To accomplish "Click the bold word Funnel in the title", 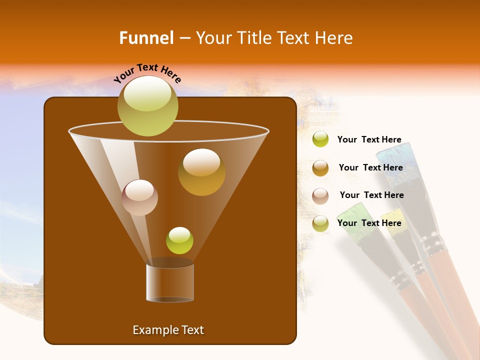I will [146, 38].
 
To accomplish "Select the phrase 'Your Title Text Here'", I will [274, 38].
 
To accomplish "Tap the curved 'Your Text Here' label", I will [147, 73].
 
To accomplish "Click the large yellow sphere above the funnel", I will [147, 105].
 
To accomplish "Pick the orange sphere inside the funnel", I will [201, 172].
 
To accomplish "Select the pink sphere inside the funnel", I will [139, 197].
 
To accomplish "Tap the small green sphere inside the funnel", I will [179, 240].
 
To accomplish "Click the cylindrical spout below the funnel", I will [170, 283].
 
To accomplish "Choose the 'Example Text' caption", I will [168, 330].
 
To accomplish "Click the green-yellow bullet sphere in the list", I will [320, 139].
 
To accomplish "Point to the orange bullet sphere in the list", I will [320, 168].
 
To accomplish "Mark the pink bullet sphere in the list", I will [320, 196].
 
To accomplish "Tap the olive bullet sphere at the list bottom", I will [320, 223].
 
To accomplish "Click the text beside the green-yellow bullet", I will [369, 140].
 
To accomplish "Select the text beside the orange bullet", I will [370, 167].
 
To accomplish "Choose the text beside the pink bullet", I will [371, 195].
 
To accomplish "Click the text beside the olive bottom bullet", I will [369, 223].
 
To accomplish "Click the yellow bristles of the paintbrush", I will [393, 218].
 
